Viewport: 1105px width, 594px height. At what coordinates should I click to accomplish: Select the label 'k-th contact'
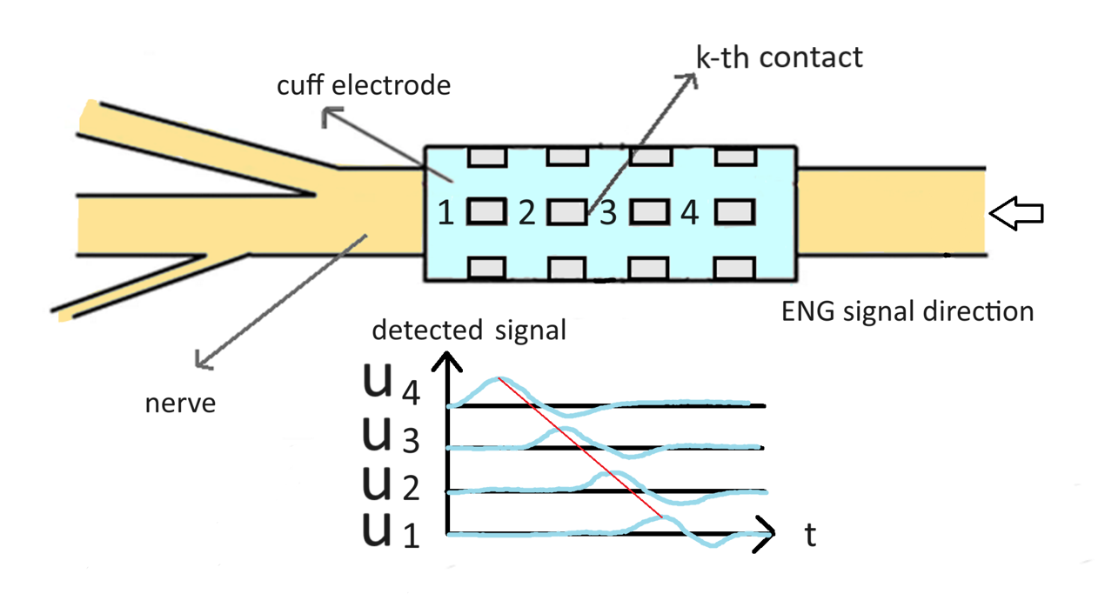click(x=780, y=57)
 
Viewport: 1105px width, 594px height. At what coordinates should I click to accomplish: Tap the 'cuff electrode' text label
click(x=364, y=86)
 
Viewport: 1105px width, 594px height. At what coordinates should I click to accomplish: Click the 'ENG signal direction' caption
click(x=907, y=311)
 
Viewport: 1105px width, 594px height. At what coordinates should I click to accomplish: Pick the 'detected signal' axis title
click(x=469, y=330)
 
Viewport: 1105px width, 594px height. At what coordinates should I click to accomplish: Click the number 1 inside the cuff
click(x=445, y=213)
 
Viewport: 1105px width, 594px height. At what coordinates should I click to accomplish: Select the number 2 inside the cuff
click(x=526, y=213)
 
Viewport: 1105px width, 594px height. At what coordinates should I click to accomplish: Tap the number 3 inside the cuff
click(x=608, y=213)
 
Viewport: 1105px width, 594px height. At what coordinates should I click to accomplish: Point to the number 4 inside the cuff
click(x=689, y=213)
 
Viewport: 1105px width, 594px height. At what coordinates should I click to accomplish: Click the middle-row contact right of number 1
click(x=487, y=211)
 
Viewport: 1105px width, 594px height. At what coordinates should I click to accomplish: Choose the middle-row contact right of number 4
click(x=733, y=211)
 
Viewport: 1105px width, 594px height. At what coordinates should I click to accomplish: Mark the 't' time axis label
click(x=810, y=535)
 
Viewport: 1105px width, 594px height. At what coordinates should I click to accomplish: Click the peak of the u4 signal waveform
click(x=498, y=379)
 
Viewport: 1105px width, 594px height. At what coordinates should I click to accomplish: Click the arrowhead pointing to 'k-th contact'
click(x=693, y=77)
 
